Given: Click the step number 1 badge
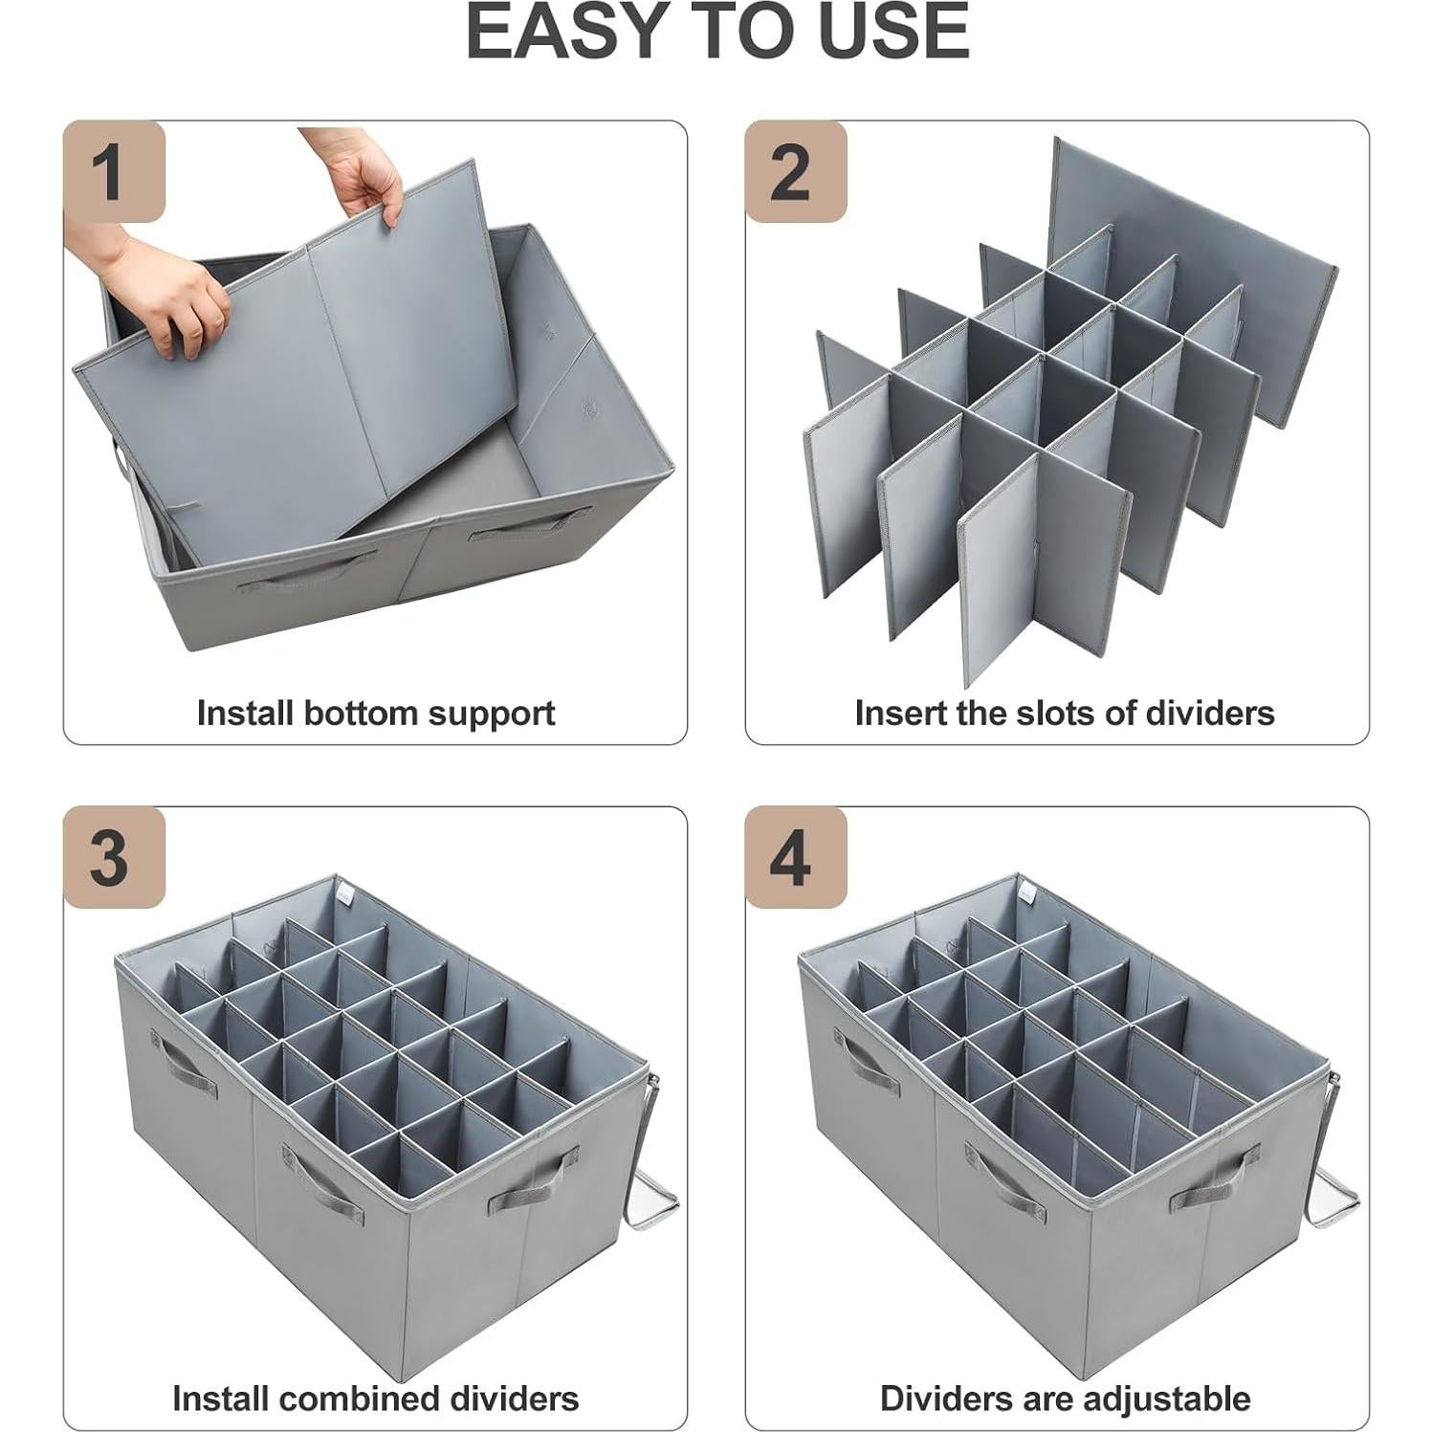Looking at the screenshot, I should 114,172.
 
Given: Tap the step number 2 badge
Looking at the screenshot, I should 795,172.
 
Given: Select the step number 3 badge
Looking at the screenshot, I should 114,858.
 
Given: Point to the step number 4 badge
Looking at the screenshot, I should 795,858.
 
